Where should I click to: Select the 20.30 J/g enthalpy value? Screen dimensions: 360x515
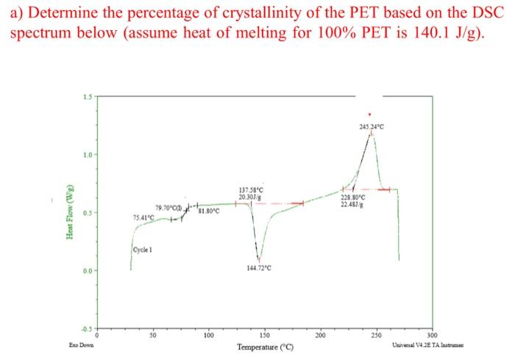pyautogui.click(x=249, y=197)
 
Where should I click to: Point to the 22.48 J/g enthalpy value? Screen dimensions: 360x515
pyautogui.click(x=352, y=204)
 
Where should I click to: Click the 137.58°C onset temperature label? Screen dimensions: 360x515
pyautogui.click(x=249, y=190)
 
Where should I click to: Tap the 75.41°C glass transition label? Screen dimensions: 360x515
pyautogui.click(x=146, y=217)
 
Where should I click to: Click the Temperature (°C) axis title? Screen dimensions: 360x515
pyautogui.click(x=266, y=346)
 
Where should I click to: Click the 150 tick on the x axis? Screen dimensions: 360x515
pyautogui.click(x=265, y=335)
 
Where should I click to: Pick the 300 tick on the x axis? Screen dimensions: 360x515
pyautogui.click(x=433, y=335)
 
